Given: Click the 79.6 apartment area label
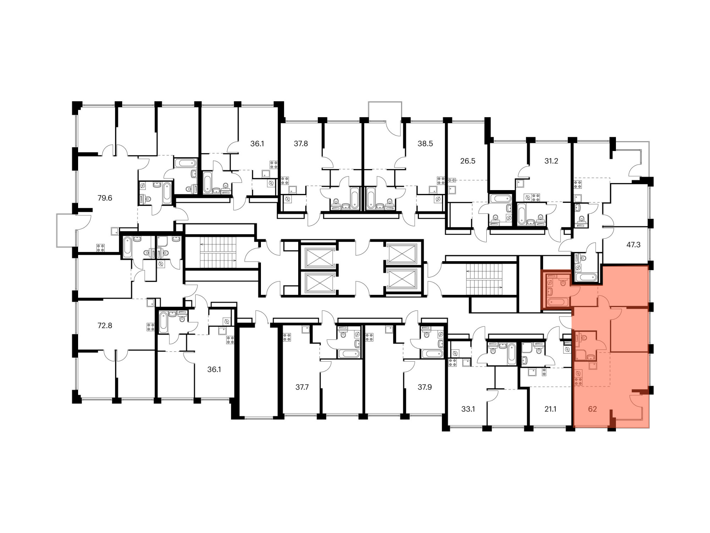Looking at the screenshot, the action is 105,198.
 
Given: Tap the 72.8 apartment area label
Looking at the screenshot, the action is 105,325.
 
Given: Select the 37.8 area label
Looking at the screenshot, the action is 301,144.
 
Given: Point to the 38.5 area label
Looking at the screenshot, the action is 425,144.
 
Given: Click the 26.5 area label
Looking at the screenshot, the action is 468,161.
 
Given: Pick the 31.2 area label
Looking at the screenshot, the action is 551,161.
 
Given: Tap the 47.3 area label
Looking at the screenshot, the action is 633,245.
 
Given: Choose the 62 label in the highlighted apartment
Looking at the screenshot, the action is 592,409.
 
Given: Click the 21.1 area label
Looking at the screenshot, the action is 550,409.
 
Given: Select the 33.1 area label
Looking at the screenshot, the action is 468,409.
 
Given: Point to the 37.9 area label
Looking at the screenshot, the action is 425,387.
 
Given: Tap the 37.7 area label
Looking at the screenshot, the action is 302,387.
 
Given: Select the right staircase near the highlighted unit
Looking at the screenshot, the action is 484,279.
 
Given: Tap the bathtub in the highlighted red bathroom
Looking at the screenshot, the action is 558,302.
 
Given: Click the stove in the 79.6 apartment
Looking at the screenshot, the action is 100,248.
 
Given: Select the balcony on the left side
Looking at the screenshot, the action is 66,231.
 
